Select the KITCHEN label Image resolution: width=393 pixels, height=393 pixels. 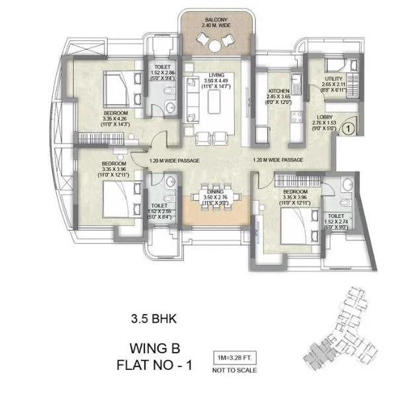[276, 91]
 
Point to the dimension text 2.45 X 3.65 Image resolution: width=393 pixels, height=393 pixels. [276, 97]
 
